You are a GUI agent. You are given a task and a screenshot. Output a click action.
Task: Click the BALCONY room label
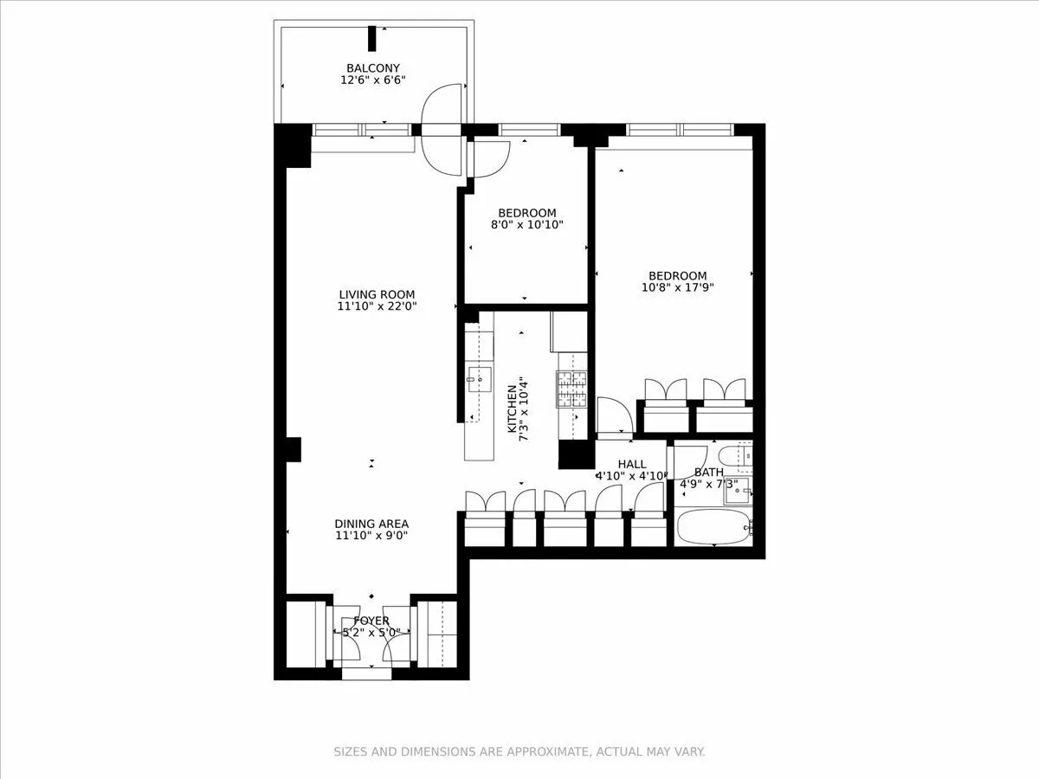[x=373, y=68]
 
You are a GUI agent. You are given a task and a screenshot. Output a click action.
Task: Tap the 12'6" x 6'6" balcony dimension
[x=373, y=80]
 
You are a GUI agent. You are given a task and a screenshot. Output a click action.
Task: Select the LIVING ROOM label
[x=377, y=294]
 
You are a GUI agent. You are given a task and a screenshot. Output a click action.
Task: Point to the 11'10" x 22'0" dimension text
[x=377, y=306]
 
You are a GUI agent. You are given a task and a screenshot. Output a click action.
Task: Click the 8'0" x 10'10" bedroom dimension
[x=526, y=225]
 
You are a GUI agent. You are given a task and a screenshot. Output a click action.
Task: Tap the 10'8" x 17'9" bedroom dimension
[x=678, y=288]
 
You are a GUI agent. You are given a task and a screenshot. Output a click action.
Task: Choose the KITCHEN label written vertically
[x=513, y=409]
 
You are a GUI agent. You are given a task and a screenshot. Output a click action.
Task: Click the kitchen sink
[x=479, y=378]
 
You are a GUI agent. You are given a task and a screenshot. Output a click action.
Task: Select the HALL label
[x=632, y=464]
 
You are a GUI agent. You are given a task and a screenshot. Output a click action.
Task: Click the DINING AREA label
[x=371, y=524]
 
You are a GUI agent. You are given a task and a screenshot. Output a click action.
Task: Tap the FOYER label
[x=371, y=621]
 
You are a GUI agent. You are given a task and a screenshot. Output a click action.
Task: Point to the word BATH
[x=708, y=473]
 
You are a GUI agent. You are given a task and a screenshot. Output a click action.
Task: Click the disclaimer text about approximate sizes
[x=519, y=751]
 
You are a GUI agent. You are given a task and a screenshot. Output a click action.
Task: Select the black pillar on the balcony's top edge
[x=372, y=39]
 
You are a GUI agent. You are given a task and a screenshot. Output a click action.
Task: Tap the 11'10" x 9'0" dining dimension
[x=371, y=536]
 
